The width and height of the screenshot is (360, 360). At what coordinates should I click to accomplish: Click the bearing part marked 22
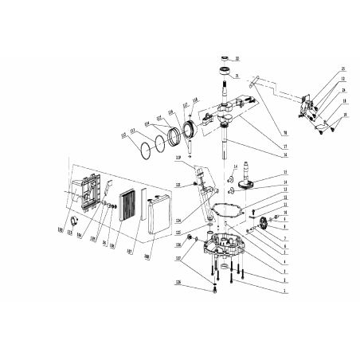(x=225, y=60)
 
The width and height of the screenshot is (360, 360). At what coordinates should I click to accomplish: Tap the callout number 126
(x=178, y=282)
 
